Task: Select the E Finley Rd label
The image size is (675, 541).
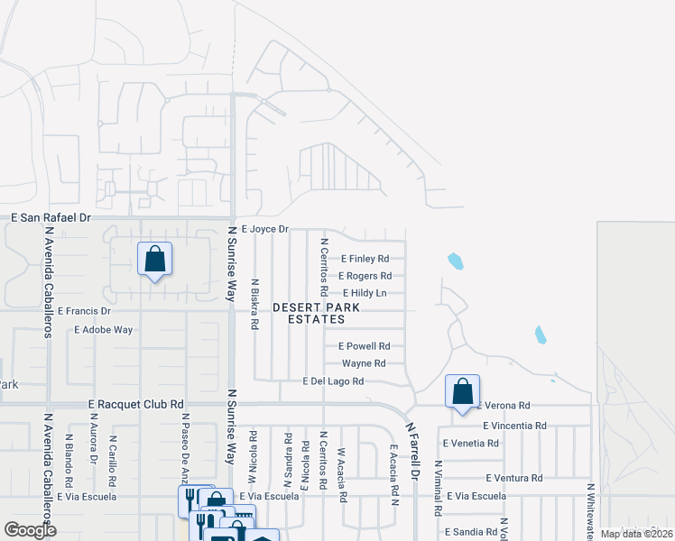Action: point(363,258)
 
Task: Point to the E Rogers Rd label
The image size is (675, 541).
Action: point(365,276)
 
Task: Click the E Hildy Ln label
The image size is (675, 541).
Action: point(365,293)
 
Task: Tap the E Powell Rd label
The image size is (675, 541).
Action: point(364,345)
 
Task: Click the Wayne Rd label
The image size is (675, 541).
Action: point(364,363)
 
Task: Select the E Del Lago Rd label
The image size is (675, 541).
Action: point(333,381)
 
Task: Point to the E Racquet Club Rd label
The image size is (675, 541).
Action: point(136,405)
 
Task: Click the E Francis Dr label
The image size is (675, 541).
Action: point(83,310)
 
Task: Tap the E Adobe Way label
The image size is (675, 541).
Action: point(104,329)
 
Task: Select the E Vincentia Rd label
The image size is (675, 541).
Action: point(514,425)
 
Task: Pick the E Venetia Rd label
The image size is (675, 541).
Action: point(471,443)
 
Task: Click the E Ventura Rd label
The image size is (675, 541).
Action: point(513,478)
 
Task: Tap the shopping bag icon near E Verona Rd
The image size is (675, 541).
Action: point(462,392)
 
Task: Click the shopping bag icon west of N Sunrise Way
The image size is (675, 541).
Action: point(155,260)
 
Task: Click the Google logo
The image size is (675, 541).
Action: point(30,529)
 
